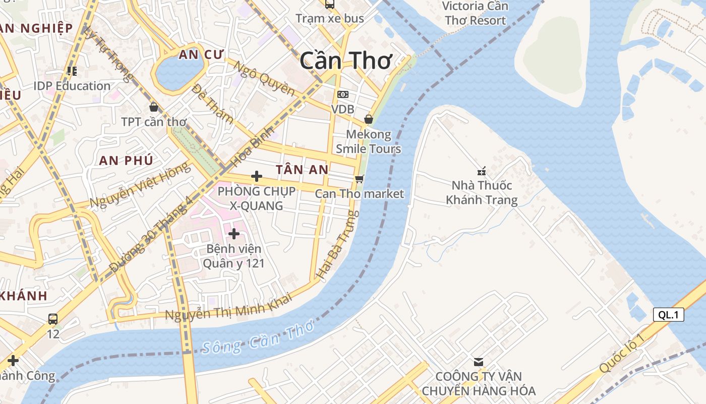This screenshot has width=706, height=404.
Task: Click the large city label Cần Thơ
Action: point(345,61)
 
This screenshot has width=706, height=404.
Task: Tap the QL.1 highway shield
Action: point(669,315)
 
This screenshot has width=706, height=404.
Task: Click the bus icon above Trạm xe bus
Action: point(329,5)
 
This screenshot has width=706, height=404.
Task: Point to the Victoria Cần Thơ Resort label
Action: point(475,13)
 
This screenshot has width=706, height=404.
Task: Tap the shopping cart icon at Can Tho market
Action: point(359,179)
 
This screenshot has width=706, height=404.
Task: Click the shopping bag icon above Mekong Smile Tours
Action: point(369,119)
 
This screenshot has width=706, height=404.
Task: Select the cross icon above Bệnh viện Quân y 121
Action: point(234,233)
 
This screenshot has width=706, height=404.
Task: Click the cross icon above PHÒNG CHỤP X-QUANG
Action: point(257,176)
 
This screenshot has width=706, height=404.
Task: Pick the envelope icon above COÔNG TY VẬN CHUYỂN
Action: point(478,362)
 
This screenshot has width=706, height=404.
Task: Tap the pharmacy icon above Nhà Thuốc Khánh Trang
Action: point(482,171)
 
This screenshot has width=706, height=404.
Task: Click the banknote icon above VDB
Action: point(342,94)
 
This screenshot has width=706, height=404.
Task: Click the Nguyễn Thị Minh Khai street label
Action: point(228,308)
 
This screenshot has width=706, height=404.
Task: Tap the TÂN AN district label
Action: point(302,170)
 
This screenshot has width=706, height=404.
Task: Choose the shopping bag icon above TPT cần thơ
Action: point(154,107)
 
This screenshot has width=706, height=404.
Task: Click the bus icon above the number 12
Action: point(53,319)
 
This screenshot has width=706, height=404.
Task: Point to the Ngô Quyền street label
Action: point(264,78)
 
